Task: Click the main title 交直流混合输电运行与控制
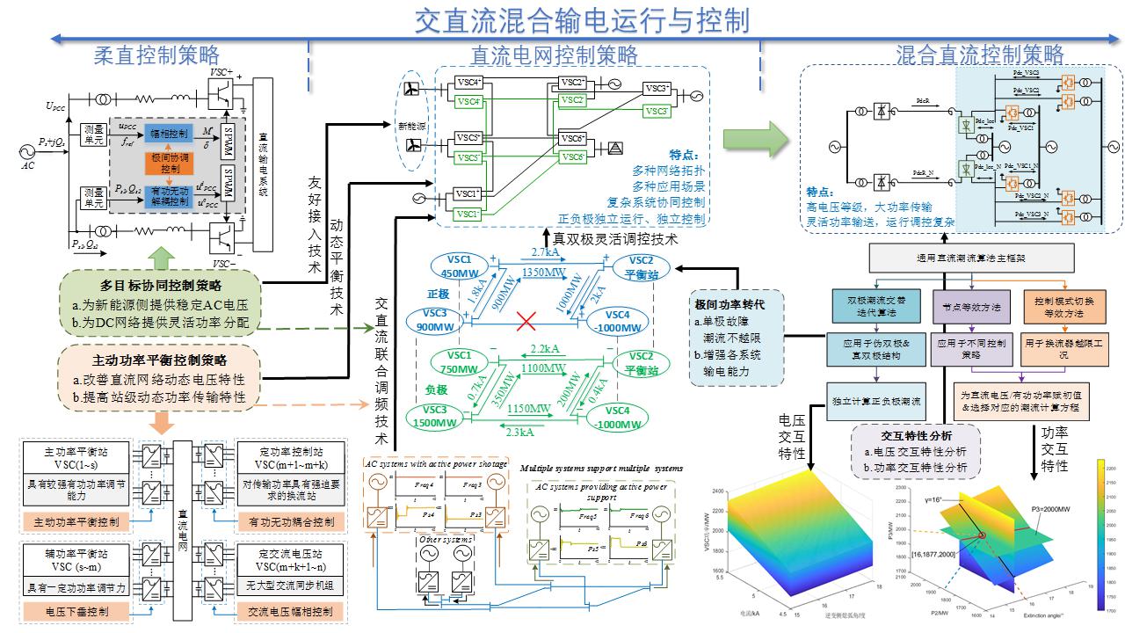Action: pos(581,18)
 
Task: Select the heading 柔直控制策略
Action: pos(156,55)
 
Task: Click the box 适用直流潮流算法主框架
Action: pos(971,258)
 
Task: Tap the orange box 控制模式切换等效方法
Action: pos(1063,306)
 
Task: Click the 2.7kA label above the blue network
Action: pos(545,252)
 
